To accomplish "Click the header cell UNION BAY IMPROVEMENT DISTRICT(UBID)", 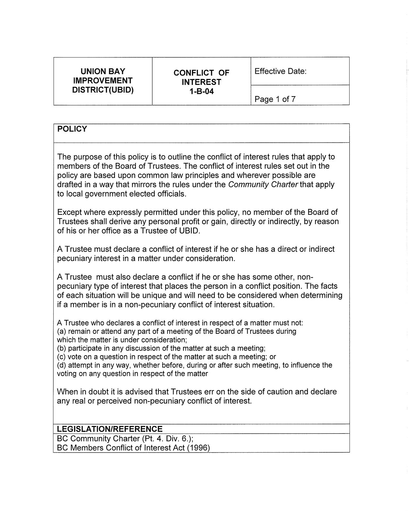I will (x=103, y=81).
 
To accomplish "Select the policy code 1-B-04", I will (x=201, y=92).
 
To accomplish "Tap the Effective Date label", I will (x=280, y=71).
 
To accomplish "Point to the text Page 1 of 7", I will (x=275, y=99).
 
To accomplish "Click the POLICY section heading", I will (x=72, y=129).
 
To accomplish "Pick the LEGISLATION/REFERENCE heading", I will (x=110, y=429).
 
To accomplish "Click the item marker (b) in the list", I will (x=62, y=348).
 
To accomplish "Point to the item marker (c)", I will (x=62, y=357).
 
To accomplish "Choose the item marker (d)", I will (x=62, y=365).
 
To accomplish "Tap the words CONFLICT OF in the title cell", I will (x=201, y=73).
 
